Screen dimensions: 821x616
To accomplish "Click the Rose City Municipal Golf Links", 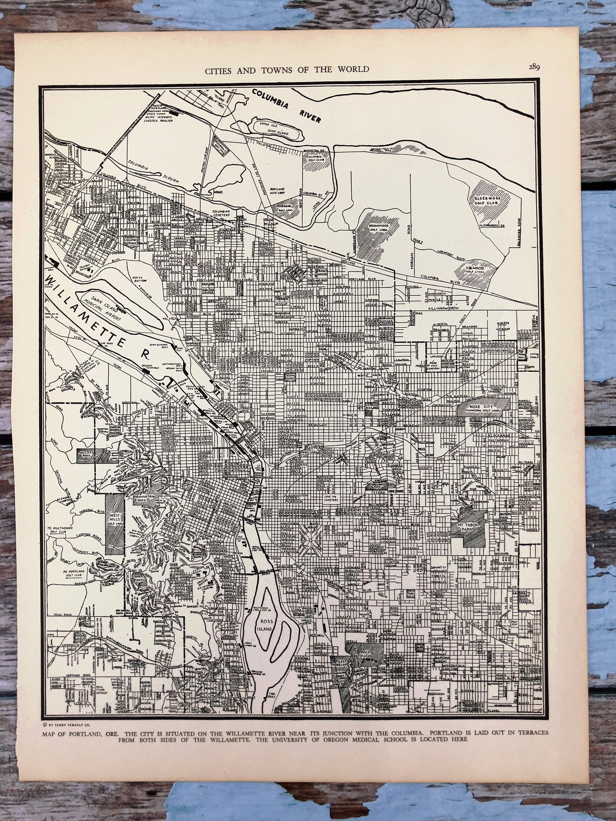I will (x=483, y=407).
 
